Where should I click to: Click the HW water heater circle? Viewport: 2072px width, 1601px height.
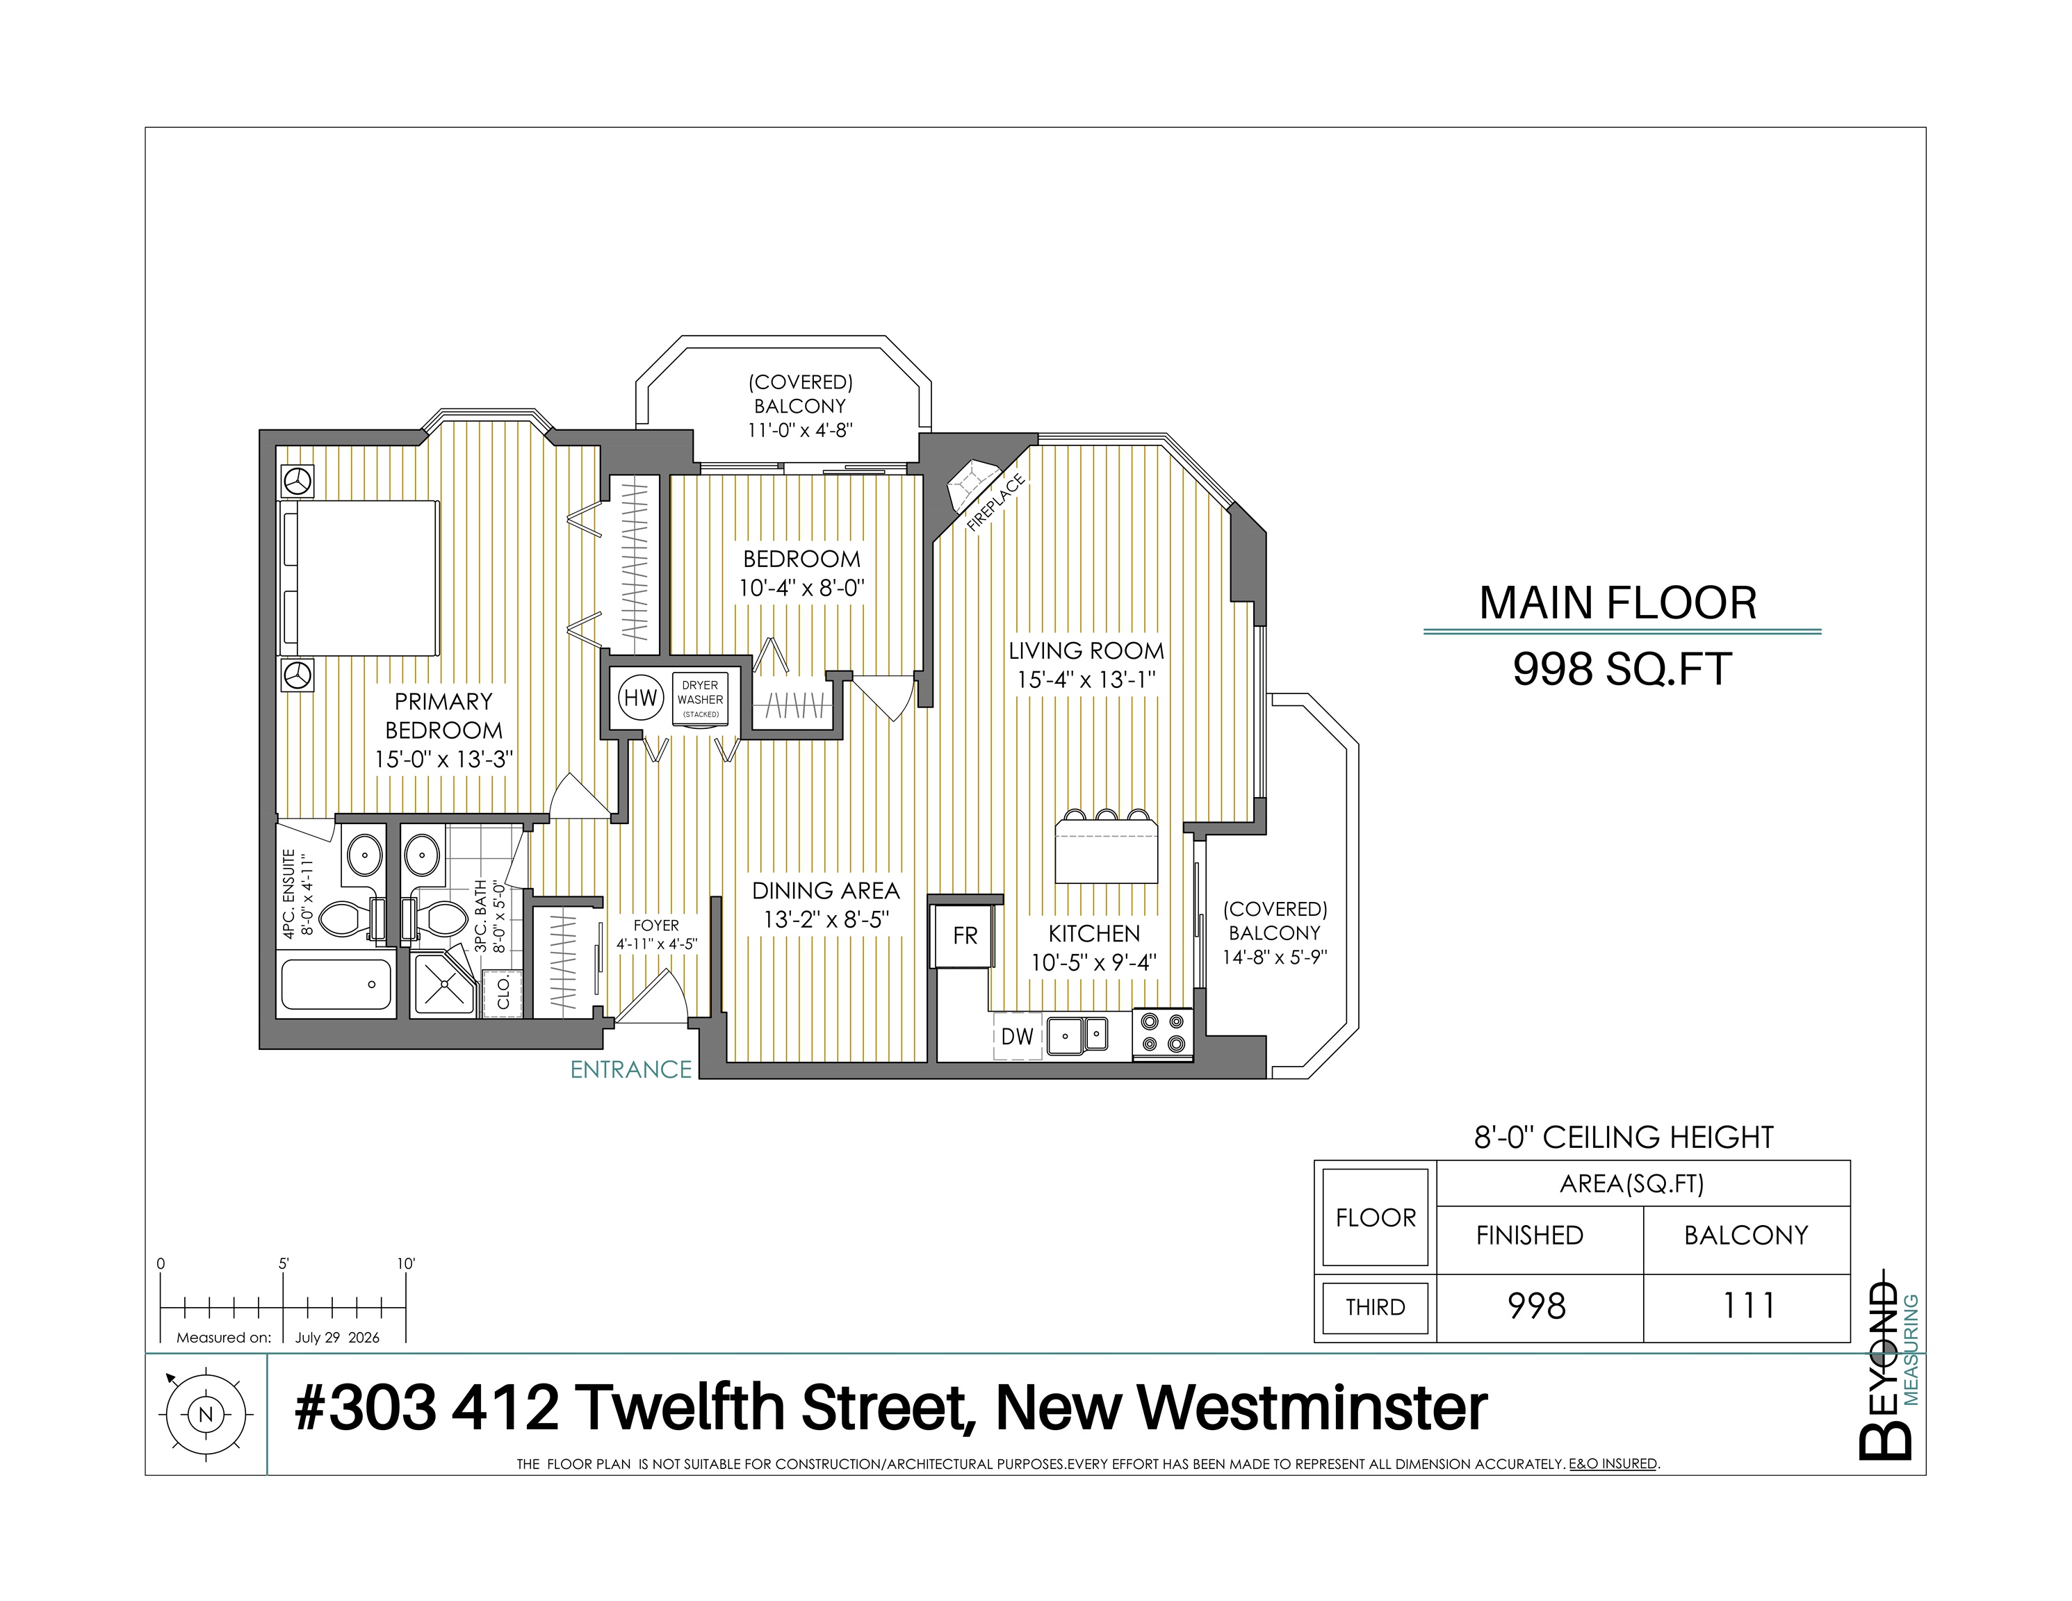click(x=640, y=698)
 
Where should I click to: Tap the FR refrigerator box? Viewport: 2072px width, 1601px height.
click(x=964, y=936)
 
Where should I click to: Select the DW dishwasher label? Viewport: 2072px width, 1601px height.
click(x=1017, y=1037)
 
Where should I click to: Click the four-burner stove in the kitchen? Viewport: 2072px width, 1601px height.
click(x=1163, y=1033)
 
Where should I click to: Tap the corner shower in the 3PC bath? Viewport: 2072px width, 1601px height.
click(x=443, y=985)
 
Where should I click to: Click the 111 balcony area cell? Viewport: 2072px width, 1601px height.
click(x=1747, y=1306)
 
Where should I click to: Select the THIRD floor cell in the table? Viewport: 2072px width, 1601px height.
click(x=1375, y=1307)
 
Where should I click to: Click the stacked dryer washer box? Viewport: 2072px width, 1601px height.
click(x=700, y=699)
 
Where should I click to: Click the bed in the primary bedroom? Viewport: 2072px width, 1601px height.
click(x=359, y=577)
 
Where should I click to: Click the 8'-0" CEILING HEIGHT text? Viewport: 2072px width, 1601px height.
click(x=1623, y=1138)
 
